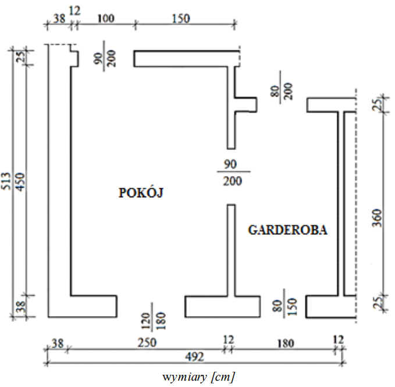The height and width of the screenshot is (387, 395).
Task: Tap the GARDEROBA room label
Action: (x=287, y=230)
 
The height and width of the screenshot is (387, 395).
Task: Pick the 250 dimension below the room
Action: (x=146, y=343)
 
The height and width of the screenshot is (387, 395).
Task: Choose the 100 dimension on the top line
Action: (x=105, y=18)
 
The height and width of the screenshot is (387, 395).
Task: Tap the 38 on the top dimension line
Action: (x=59, y=18)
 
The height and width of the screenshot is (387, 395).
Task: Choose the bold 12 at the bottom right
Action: (x=338, y=339)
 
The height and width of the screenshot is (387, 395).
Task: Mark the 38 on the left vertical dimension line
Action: (x=21, y=306)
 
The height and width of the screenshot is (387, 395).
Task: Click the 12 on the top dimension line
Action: (x=74, y=10)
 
